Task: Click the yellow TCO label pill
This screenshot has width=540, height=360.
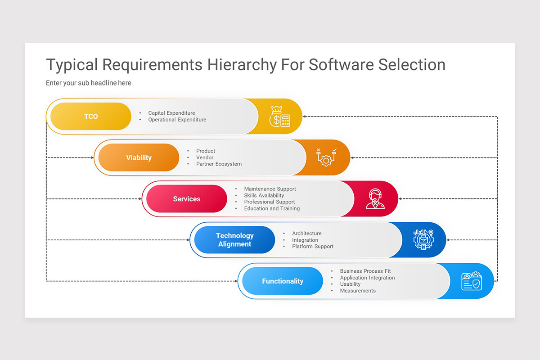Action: [91, 117]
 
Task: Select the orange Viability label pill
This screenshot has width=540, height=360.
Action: [139, 157]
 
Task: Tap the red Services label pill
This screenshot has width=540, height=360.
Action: [187, 199]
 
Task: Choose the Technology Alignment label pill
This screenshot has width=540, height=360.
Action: [234, 240]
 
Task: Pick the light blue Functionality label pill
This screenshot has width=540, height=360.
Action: [283, 281]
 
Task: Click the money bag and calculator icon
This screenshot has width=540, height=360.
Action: [279, 117]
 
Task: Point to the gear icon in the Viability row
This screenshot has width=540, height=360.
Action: [326, 157]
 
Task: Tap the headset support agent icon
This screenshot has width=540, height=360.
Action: [375, 199]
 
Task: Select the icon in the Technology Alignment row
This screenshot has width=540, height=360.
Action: [423, 240]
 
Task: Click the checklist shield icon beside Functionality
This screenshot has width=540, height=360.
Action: [471, 281]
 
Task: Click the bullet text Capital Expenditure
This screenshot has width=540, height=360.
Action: [171, 113]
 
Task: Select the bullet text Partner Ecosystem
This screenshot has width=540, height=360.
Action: [219, 164]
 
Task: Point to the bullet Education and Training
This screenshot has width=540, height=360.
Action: [272, 209]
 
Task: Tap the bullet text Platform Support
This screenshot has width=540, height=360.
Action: [313, 247]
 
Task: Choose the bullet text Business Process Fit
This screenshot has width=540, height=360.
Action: [365, 271]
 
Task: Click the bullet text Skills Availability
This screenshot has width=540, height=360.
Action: [264, 196]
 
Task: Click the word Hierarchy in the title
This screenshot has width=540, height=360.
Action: [242, 65]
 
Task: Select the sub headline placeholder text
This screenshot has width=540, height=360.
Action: [89, 83]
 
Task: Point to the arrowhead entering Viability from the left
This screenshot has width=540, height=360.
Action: [92, 157]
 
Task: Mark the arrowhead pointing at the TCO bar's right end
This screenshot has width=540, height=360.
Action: [305, 117]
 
